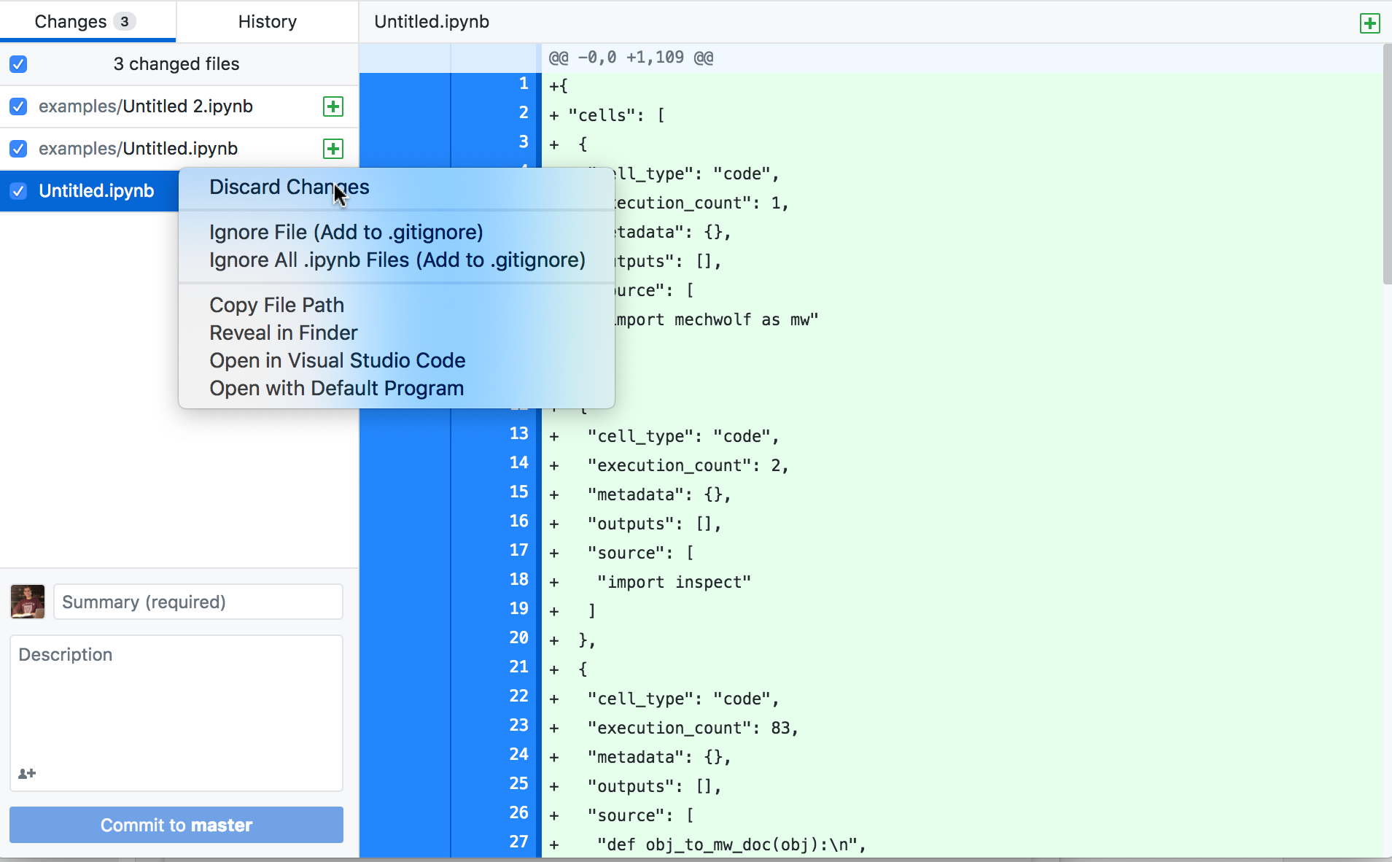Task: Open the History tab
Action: click(x=267, y=22)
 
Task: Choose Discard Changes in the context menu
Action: click(x=289, y=187)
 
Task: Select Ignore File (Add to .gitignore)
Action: click(x=346, y=233)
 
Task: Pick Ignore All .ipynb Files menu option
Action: click(x=397, y=260)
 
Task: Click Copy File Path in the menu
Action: click(x=276, y=305)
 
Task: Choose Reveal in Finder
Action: click(x=283, y=333)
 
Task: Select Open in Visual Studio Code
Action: click(x=337, y=360)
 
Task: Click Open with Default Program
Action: click(x=336, y=388)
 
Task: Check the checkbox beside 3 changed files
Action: click(x=19, y=64)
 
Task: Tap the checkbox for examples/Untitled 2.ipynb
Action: click(x=19, y=106)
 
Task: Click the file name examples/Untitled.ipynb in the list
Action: click(x=138, y=149)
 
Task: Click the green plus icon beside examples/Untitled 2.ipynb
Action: click(x=333, y=106)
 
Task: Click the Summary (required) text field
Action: click(x=198, y=602)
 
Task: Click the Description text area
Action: click(x=176, y=700)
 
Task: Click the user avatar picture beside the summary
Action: click(x=28, y=602)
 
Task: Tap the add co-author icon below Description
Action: click(x=27, y=774)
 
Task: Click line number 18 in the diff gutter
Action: click(x=518, y=580)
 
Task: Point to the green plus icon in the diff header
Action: click(x=1369, y=23)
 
